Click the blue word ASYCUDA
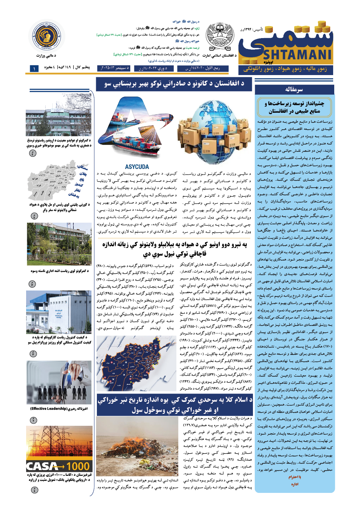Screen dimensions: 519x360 coord(137,167)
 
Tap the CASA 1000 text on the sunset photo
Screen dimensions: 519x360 coord(59,466)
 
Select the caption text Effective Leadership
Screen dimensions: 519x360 coord(59,409)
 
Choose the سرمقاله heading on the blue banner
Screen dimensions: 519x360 coord(294,89)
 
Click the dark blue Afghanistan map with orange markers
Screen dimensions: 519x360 coord(136,363)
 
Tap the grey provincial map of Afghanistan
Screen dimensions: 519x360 coord(58,181)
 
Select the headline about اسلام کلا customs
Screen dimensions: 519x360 coord(175,405)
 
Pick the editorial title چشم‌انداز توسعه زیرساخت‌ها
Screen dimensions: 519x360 coord(294,107)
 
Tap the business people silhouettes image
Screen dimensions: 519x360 coord(59,383)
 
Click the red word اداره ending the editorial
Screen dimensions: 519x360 coord(294,485)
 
